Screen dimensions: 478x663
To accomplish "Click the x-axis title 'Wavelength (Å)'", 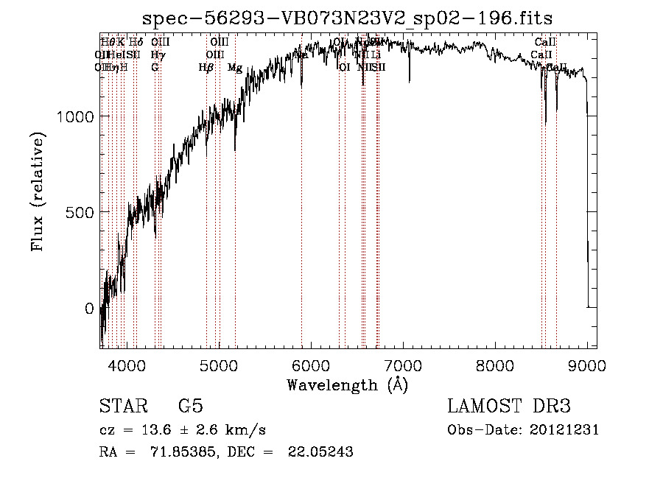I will (x=347, y=384).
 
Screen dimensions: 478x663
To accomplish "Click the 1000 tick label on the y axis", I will (x=74, y=116).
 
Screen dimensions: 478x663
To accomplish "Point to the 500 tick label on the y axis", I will (x=80, y=212).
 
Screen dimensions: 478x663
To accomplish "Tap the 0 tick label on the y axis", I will (x=89, y=309).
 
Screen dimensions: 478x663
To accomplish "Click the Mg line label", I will (x=234, y=68).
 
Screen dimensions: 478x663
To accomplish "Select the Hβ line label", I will (x=206, y=68).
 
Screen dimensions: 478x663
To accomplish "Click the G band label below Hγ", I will (x=155, y=68).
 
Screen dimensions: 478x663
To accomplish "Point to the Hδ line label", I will (x=136, y=43).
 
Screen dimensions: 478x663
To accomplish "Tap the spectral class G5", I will (x=190, y=407).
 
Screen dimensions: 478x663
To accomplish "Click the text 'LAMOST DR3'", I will (x=509, y=407).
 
